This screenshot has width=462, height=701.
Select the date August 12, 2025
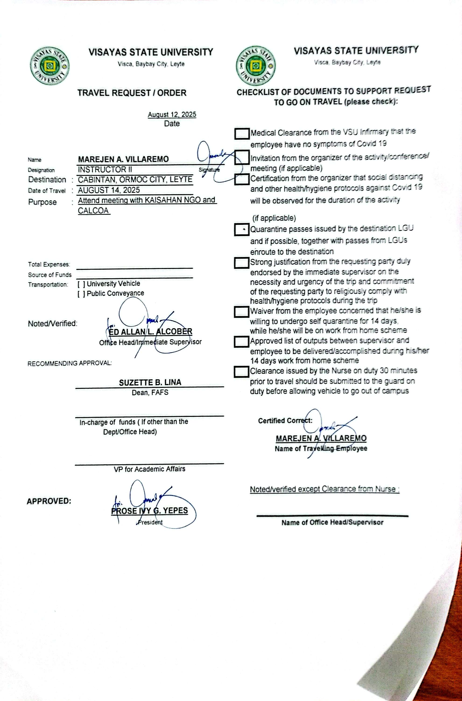point(172,115)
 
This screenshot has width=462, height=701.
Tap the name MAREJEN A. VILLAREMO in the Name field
point(123,160)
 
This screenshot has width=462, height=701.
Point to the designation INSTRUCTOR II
point(105,170)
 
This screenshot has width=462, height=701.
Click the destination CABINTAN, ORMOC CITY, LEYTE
point(135,180)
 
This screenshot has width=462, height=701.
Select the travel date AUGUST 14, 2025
point(109,190)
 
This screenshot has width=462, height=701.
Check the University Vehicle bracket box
point(82,284)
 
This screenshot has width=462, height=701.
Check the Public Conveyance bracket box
point(82,294)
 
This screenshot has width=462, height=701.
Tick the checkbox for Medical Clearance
point(242,134)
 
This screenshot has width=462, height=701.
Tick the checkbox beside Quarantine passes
point(242,230)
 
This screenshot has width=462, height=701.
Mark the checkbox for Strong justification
point(242,263)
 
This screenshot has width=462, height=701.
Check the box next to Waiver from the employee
point(241,312)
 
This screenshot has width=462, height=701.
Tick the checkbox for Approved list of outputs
point(241,342)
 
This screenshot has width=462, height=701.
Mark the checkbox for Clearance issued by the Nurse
point(241,372)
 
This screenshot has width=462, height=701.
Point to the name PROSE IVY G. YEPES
point(149,511)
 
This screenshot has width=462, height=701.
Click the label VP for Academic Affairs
point(149,469)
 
